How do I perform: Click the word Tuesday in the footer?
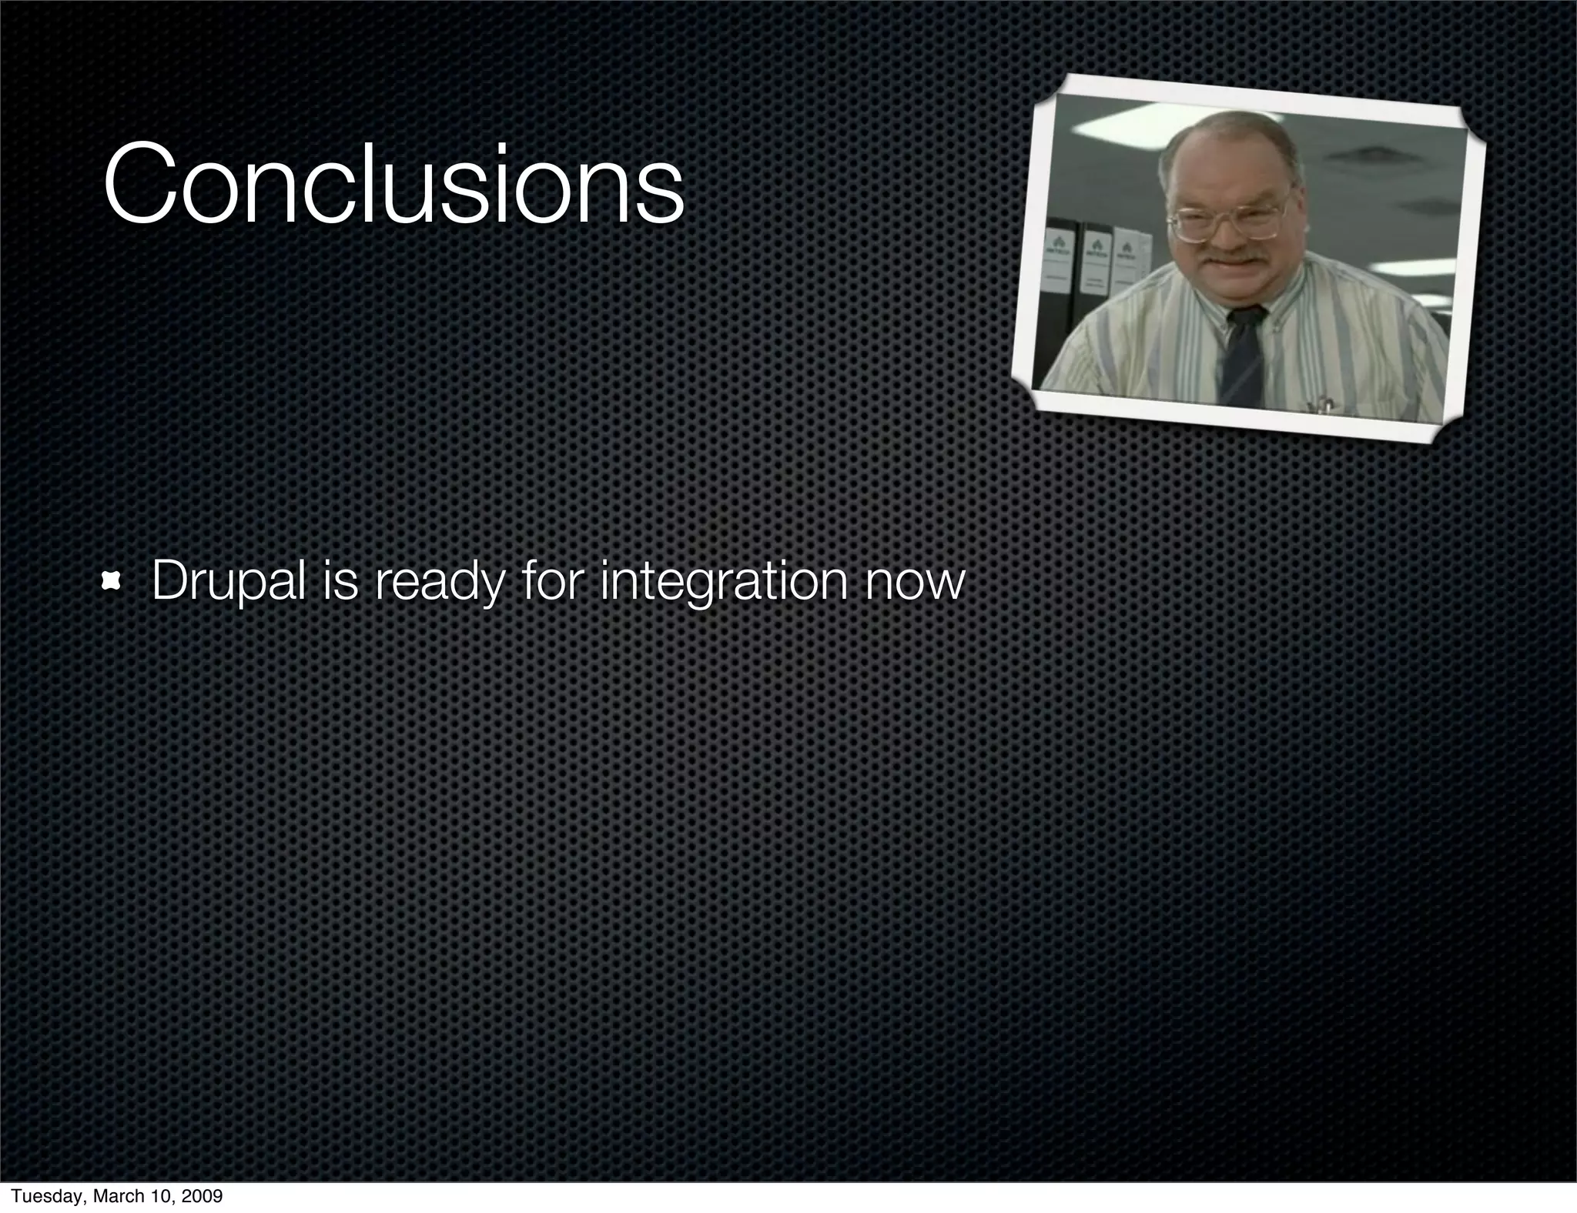45,1196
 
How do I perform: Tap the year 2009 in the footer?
203,1196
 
